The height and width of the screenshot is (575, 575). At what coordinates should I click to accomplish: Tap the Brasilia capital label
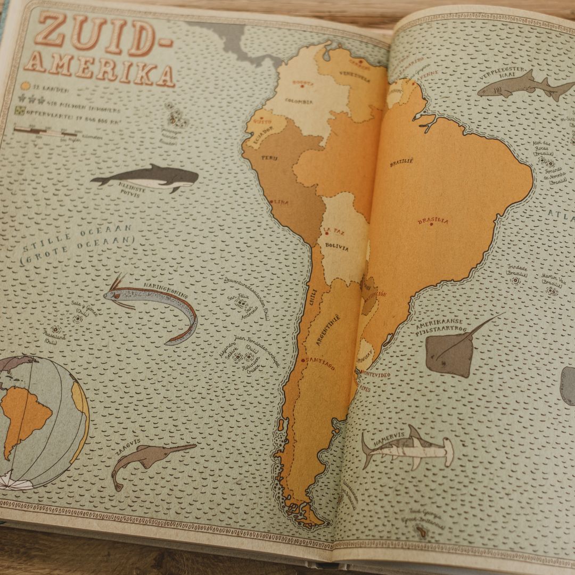(x=433, y=220)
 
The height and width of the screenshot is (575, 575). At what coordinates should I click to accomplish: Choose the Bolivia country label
(x=336, y=248)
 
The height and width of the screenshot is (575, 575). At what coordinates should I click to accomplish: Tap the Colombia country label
(x=299, y=101)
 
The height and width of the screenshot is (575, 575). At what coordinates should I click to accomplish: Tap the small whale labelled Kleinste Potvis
(x=147, y=178)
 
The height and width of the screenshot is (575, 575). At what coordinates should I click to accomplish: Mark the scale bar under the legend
(x=48, y=131)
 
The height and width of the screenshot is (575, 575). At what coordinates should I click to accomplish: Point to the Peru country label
(x=269, y=158)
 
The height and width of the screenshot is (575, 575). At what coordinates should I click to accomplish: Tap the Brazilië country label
(x=401, y=162)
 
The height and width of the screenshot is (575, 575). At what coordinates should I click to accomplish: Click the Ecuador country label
(x=260, y=131)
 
